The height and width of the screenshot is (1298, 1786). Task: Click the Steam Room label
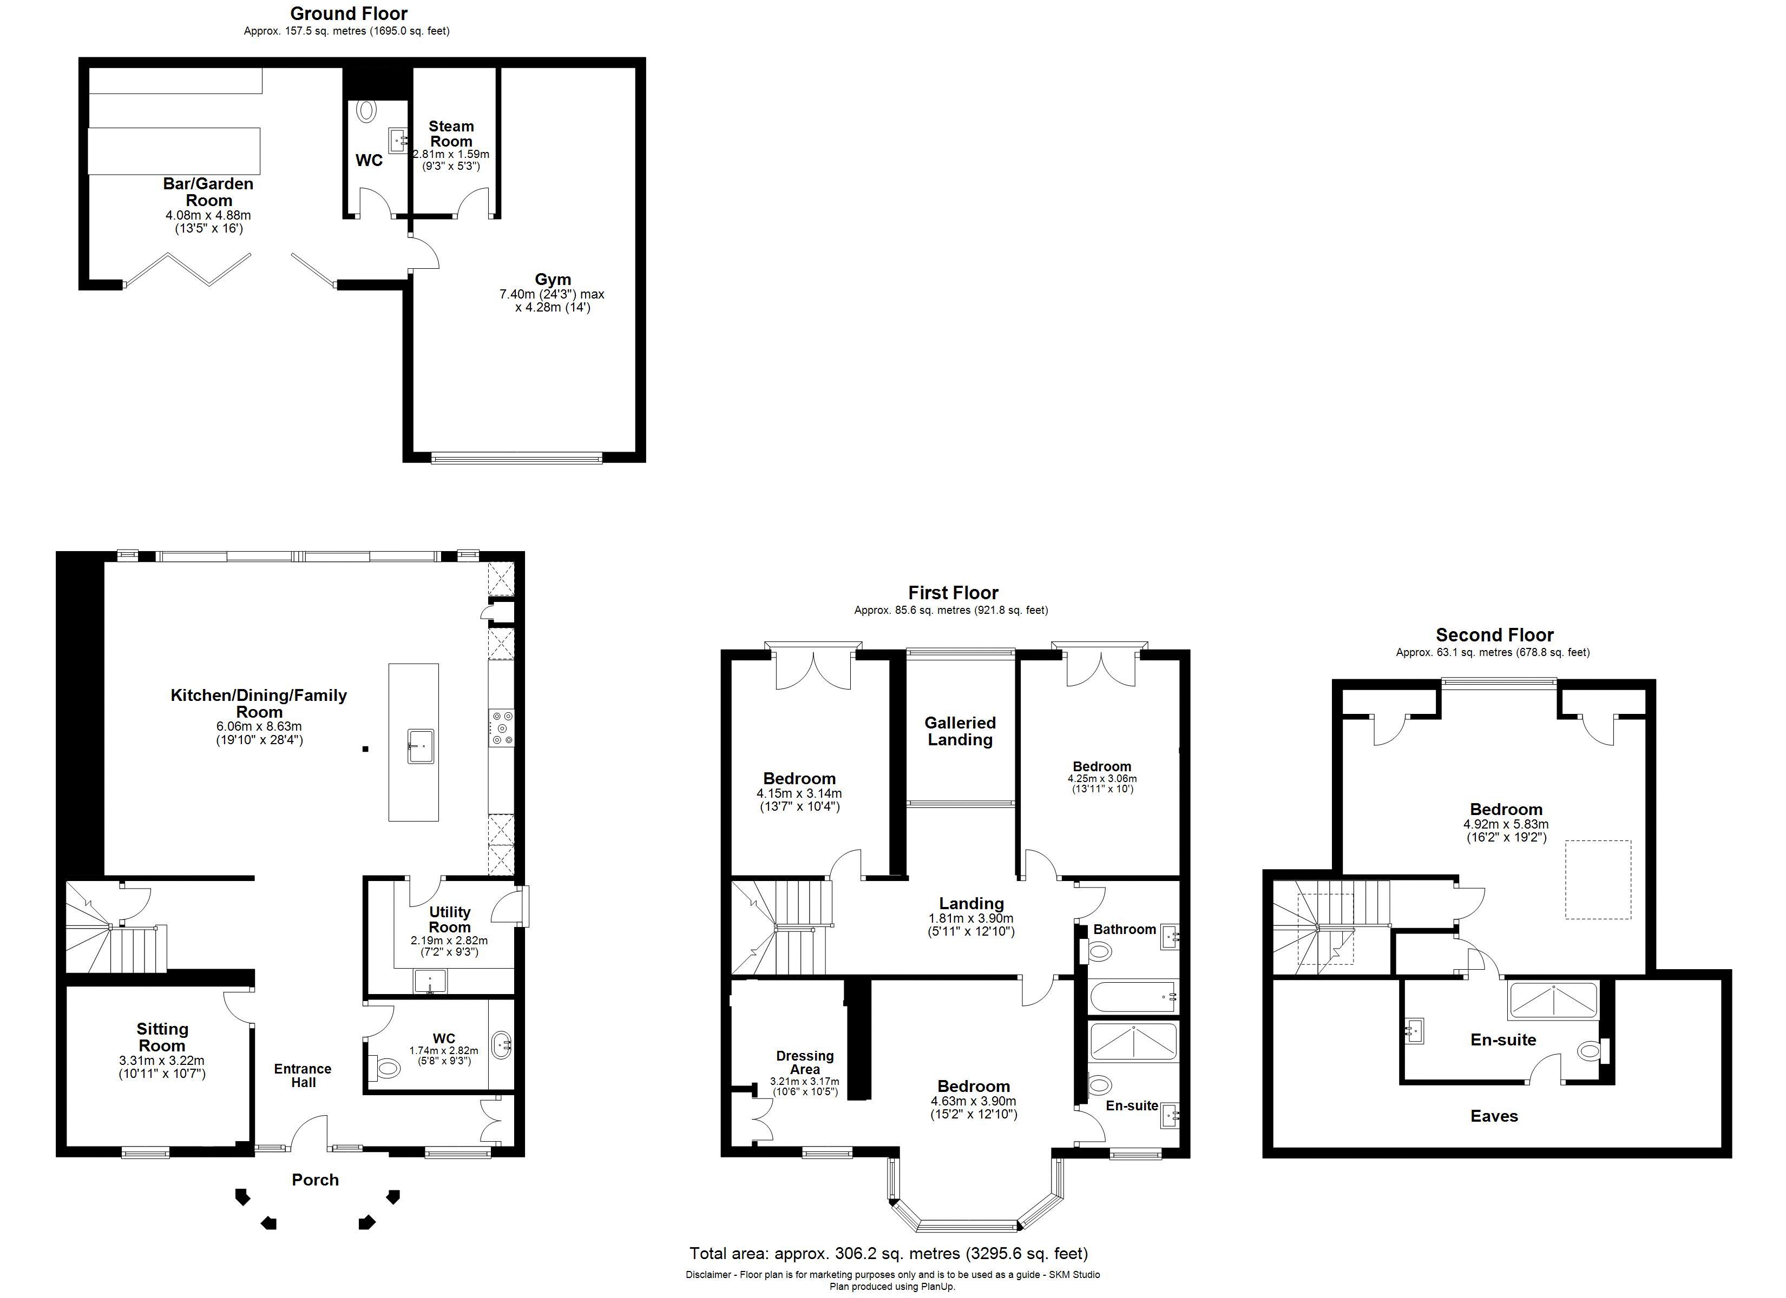click(x=451, y=134)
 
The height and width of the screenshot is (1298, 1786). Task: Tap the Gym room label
click(x=553, y=280)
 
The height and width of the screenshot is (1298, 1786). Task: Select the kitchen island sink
click(x=421, y=745)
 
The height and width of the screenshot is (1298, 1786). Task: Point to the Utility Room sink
click(x=430, y=981)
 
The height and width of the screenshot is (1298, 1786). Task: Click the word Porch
click(x=315, y=1179)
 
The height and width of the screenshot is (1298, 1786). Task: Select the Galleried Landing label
click(x=960, y=731)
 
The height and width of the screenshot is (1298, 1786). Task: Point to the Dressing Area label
click(x=804, y=1062)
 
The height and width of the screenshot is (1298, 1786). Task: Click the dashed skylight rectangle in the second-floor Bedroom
click(x=1597, y=879)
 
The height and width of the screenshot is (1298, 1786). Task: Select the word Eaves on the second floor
click(x=1494, y=1115)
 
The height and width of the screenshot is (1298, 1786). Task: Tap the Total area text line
click(x=888, y=1253)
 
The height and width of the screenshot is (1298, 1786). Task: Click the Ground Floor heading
click(x=349, y=14)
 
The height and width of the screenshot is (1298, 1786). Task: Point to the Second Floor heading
click(x=1494, y=634)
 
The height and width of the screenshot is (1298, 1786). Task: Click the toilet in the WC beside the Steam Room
click(x=367, y=111)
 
